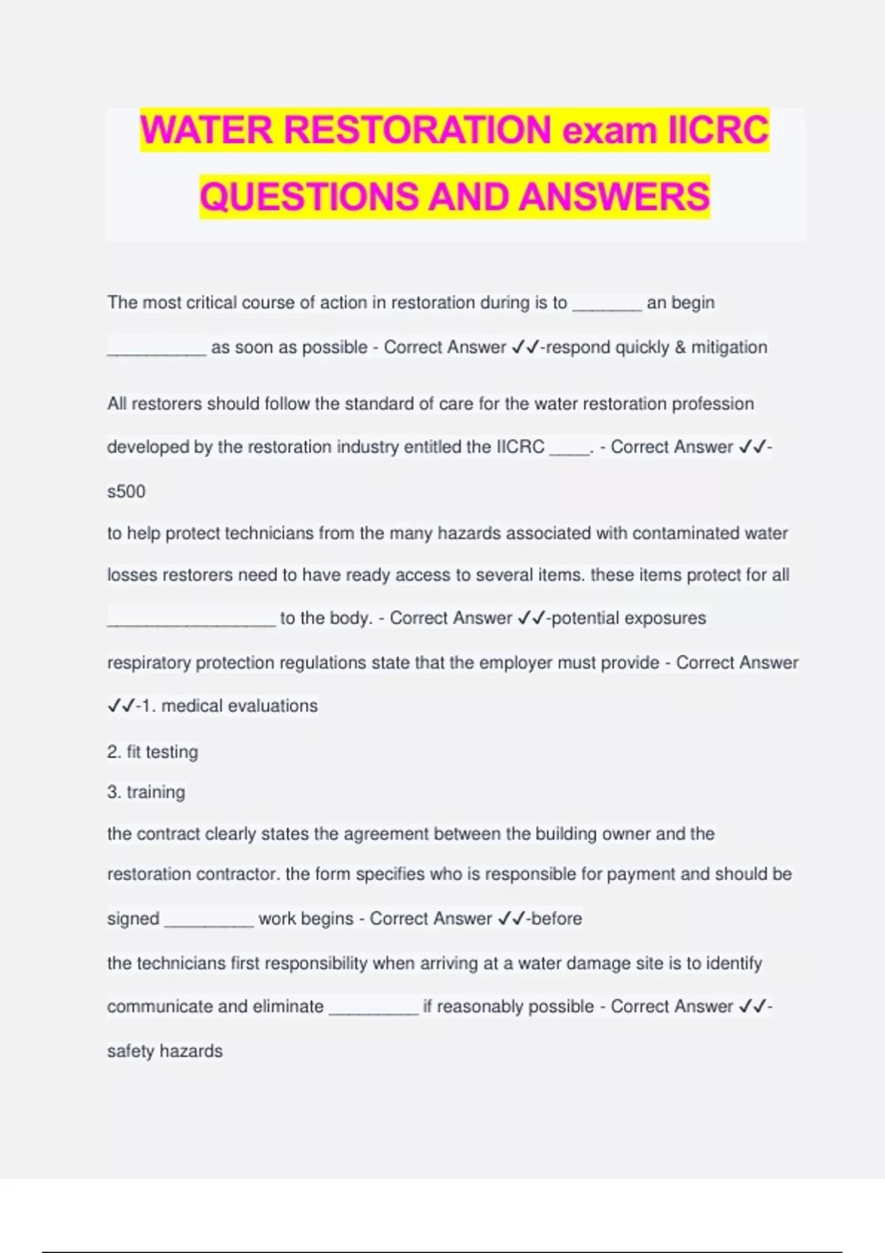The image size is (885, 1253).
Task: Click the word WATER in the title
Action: pyautogui.click(x=207, y=130)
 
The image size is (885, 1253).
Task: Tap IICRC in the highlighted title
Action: pyautogui.click(x=718, y=130)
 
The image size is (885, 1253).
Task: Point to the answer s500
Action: pyautogui.click(x=126, y=492)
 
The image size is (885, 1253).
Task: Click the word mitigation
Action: pyautogui.click(x=729, y=347)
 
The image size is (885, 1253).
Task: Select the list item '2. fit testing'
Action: pyautogui.click(x=153, y=752)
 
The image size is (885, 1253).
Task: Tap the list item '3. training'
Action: pyautogui.click(x=146, y=792)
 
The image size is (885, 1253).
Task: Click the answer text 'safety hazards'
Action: pyautogui.click(x=164, y=1051)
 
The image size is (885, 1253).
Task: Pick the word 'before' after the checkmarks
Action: pyautogui.click(x=556, y=919)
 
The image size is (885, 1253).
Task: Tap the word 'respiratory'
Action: pyautogui.click(x=149, y=663)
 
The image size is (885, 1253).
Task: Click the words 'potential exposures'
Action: pyautogui.click(x=628, y=618)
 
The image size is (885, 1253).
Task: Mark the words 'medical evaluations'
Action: pyautogui.click(x=240, y=706)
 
